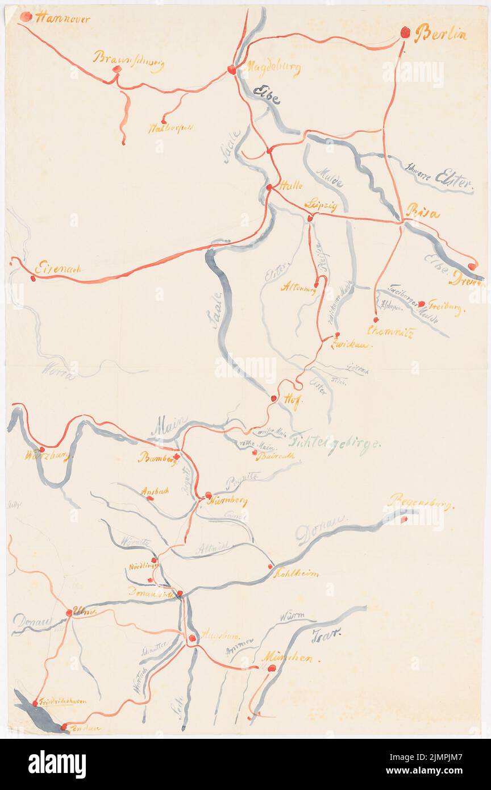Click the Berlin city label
coord(440,34)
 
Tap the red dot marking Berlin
coord(405,32)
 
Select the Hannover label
coord(63,18)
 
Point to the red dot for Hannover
coord(26,16)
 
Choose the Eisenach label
coord(58,267)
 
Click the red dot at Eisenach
coord(32,278)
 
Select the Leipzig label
coord(321,205)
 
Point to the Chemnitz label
coord(390,331)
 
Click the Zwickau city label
coord(351,344)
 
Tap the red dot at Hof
coord(273,398)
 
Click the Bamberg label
coord(157,458)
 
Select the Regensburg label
coord(421,502)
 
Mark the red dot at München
coord(272,668)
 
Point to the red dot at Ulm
coord(69,613)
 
